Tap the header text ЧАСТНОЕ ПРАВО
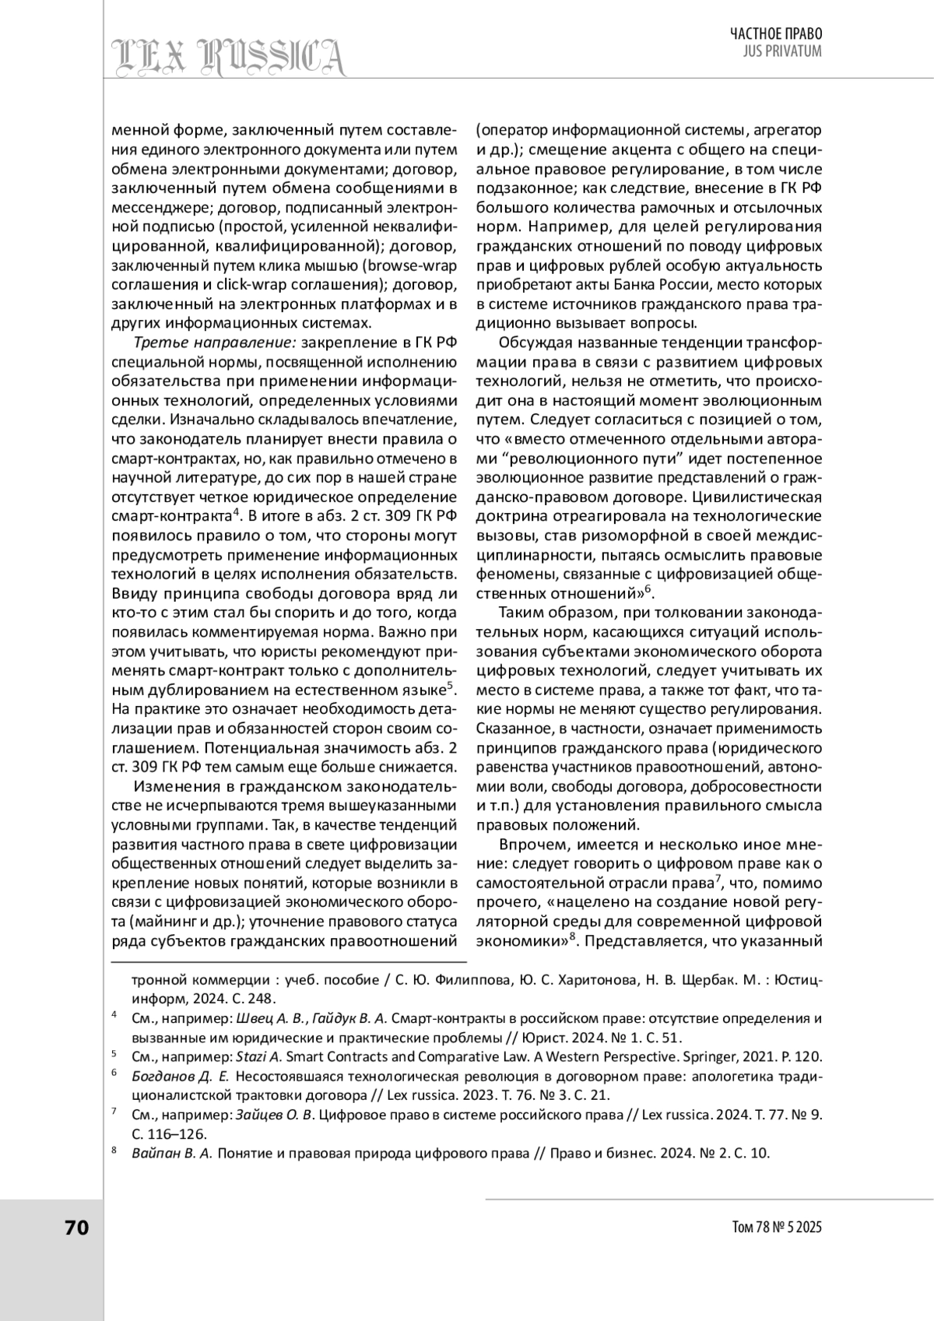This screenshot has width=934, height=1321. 775,33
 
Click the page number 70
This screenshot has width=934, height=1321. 77,1228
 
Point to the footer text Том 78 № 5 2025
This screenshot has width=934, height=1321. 777,1228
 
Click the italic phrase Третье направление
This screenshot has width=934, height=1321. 215,343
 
